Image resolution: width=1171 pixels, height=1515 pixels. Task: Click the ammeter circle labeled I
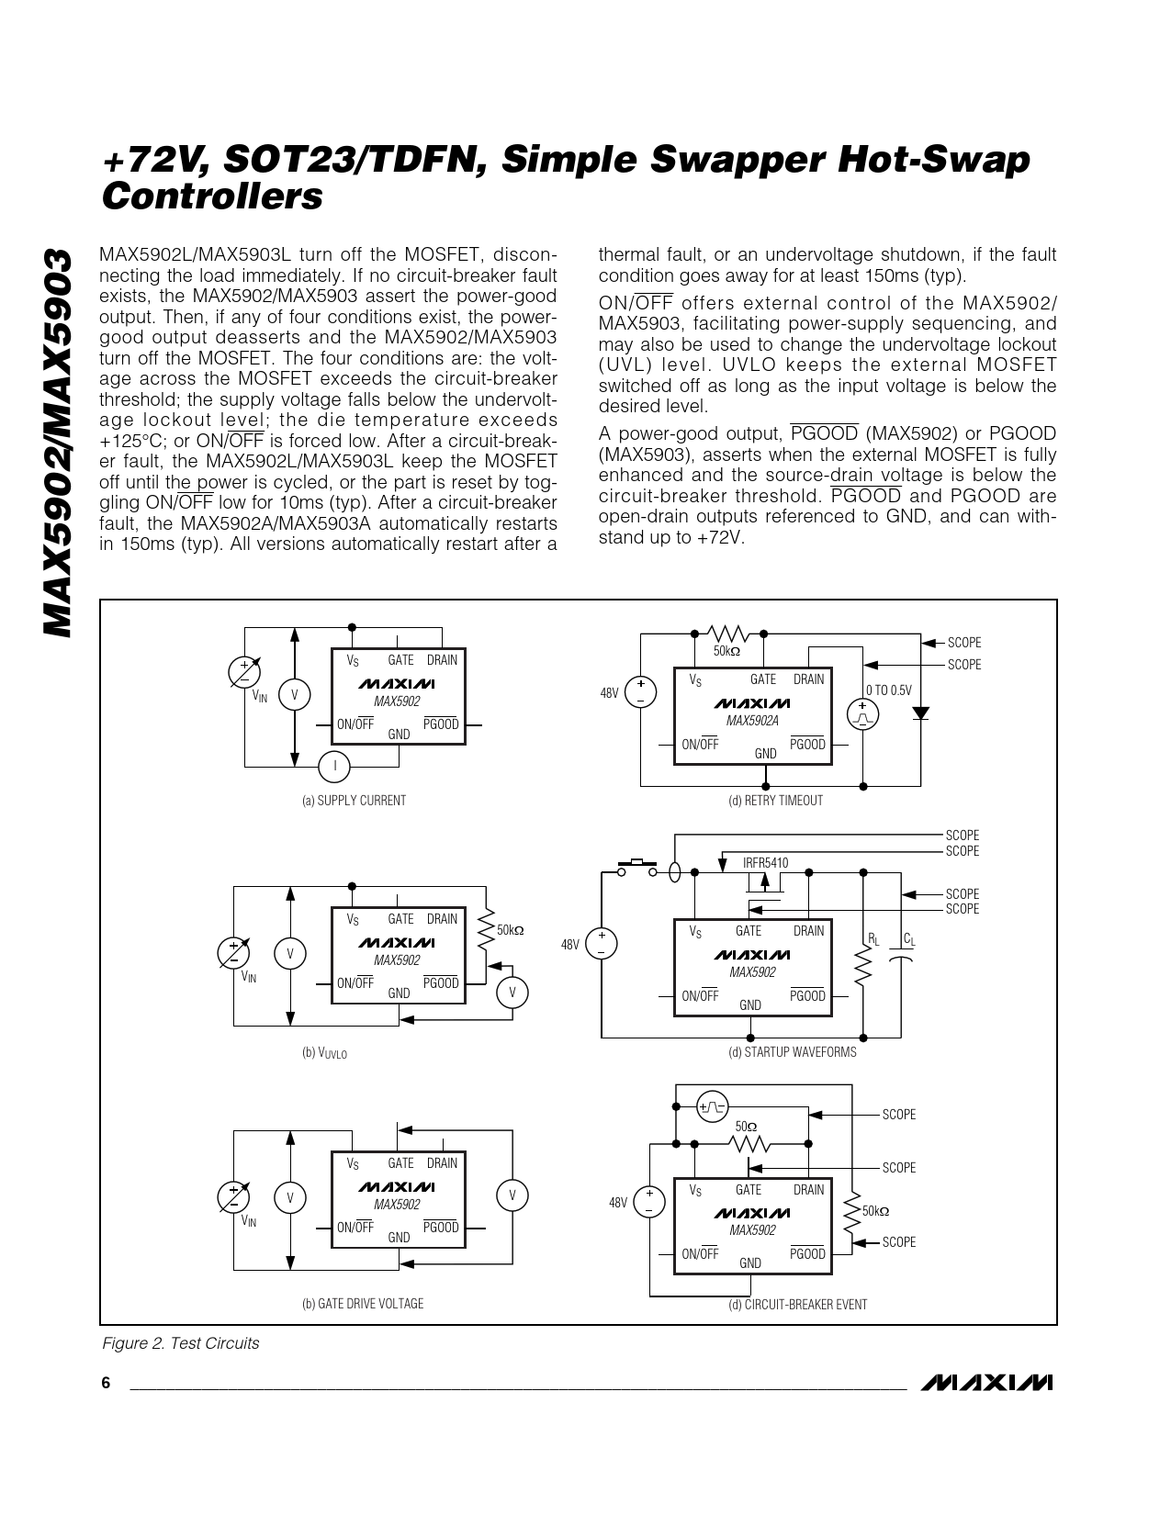[335, 765]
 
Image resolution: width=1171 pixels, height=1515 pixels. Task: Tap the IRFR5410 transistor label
[765, 863]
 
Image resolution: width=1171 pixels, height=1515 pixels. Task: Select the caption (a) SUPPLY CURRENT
[354, 801]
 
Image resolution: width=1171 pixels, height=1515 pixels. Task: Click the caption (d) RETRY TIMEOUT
[775, 801]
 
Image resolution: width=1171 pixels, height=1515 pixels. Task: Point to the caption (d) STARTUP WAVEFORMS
[792, 1052]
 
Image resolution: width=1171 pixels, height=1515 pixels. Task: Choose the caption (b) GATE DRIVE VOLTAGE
[363, 1304]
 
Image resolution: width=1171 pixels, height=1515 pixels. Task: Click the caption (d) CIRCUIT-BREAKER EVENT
[797, 1304]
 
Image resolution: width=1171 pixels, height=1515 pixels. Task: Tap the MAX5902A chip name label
[752, 721]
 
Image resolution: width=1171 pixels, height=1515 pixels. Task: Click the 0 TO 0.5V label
[888, 690]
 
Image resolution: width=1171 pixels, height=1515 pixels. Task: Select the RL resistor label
[873, 938]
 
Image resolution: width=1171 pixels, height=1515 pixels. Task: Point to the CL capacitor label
[908, 938]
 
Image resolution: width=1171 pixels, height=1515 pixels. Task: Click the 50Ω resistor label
[746, 1126]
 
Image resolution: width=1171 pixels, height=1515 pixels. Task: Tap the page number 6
[106, 1384]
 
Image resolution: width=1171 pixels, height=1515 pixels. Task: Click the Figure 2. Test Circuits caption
[180, 1343]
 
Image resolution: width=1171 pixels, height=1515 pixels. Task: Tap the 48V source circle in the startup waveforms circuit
[602, 944]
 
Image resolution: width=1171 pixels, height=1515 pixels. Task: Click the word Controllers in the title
[212, 196]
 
